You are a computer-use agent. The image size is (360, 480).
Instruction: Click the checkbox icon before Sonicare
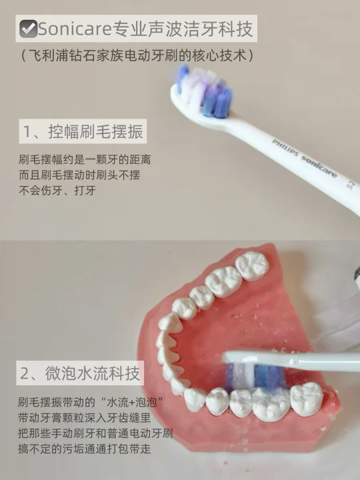coord(28,29)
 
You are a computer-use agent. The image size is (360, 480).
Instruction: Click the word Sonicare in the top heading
coord(75,29)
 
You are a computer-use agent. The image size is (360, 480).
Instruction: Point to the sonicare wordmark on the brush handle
coord(319,167)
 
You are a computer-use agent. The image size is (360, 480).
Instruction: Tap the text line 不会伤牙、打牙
coord(57,190)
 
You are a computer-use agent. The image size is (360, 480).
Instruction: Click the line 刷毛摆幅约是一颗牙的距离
coord(85,159)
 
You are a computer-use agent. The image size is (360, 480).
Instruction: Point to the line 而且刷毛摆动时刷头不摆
coord(79,175)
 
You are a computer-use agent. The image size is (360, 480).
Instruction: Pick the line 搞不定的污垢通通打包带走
coord(85,449)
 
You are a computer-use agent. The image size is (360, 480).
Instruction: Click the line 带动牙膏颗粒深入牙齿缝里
coord(85,417)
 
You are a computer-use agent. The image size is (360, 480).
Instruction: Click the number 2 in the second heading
coord(24,373)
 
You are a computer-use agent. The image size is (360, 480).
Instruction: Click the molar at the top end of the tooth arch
coord(252,266)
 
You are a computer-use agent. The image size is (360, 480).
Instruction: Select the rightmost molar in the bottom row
coord(307,399)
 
